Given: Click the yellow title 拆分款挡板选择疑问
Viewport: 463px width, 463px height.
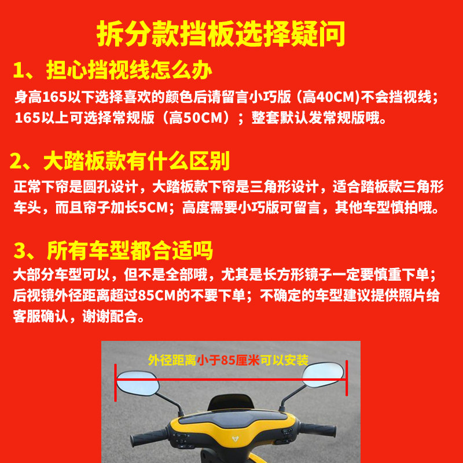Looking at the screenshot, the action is point(221,34).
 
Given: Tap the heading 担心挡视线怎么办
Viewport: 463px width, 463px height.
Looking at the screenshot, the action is point(129,70).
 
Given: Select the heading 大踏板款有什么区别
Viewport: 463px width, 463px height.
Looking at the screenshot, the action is point(137,161).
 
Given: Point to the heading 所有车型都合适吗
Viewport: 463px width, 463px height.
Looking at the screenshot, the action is point(130,251).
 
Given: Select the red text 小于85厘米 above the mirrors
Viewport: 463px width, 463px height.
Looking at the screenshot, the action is point(228,360).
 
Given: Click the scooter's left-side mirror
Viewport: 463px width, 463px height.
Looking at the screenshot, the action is point(138,383).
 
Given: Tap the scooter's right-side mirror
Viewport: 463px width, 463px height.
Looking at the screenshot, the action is point(323,375).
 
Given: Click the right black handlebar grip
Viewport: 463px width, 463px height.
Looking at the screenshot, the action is point(318,429).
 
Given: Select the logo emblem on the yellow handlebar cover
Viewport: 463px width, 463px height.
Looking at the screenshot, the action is point(236,439).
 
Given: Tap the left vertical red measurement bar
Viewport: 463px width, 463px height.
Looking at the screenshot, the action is point(115,383).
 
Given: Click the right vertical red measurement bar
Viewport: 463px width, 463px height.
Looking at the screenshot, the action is point(347,378).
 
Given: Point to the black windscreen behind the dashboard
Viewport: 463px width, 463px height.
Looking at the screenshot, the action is point(230,402).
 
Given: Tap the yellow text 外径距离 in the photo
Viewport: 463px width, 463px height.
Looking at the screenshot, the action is point(172,360).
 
